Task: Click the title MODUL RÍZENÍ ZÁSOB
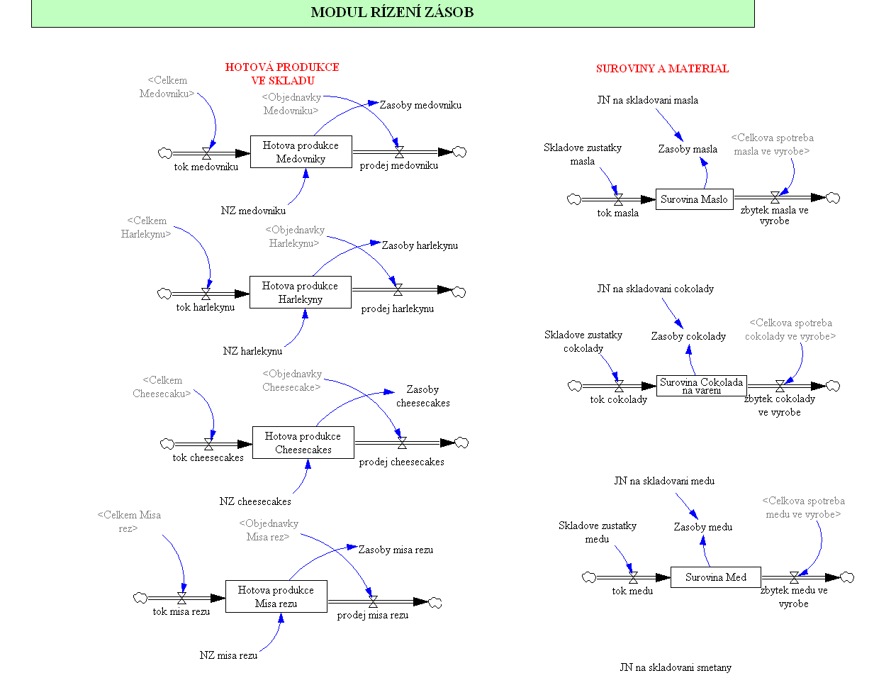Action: click(x=392, y=12)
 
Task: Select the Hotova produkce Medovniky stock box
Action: click(x=301, y=152)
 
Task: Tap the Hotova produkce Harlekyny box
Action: click(x=300, y=292)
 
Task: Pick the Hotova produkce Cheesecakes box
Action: click(x=303, y=443)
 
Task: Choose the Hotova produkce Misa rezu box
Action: click(x=276, y=596)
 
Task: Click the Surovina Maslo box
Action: click(x=694, y=199)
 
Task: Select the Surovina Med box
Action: click(x=715, y=577)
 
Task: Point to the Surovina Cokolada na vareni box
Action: click(x=701, y=386)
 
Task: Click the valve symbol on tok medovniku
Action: click(x=206, y=152)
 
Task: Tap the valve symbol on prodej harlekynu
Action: click(x=398, y=289)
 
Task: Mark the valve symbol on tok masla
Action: click(x=618, y=199)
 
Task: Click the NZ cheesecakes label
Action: click(x=255, y=501)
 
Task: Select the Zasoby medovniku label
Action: click(x=420, y=105)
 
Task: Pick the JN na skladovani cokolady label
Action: click(x=655, y=289)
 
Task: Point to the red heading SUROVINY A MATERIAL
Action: click(x=662, y=69)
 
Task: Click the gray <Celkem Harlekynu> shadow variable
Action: click(x=146, y=228)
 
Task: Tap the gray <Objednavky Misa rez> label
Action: click(x=269, y=530)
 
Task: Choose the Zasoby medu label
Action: click(x=702, y=527)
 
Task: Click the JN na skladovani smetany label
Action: click(x=676, y=667)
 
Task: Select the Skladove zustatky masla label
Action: click(x=583, y=154)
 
